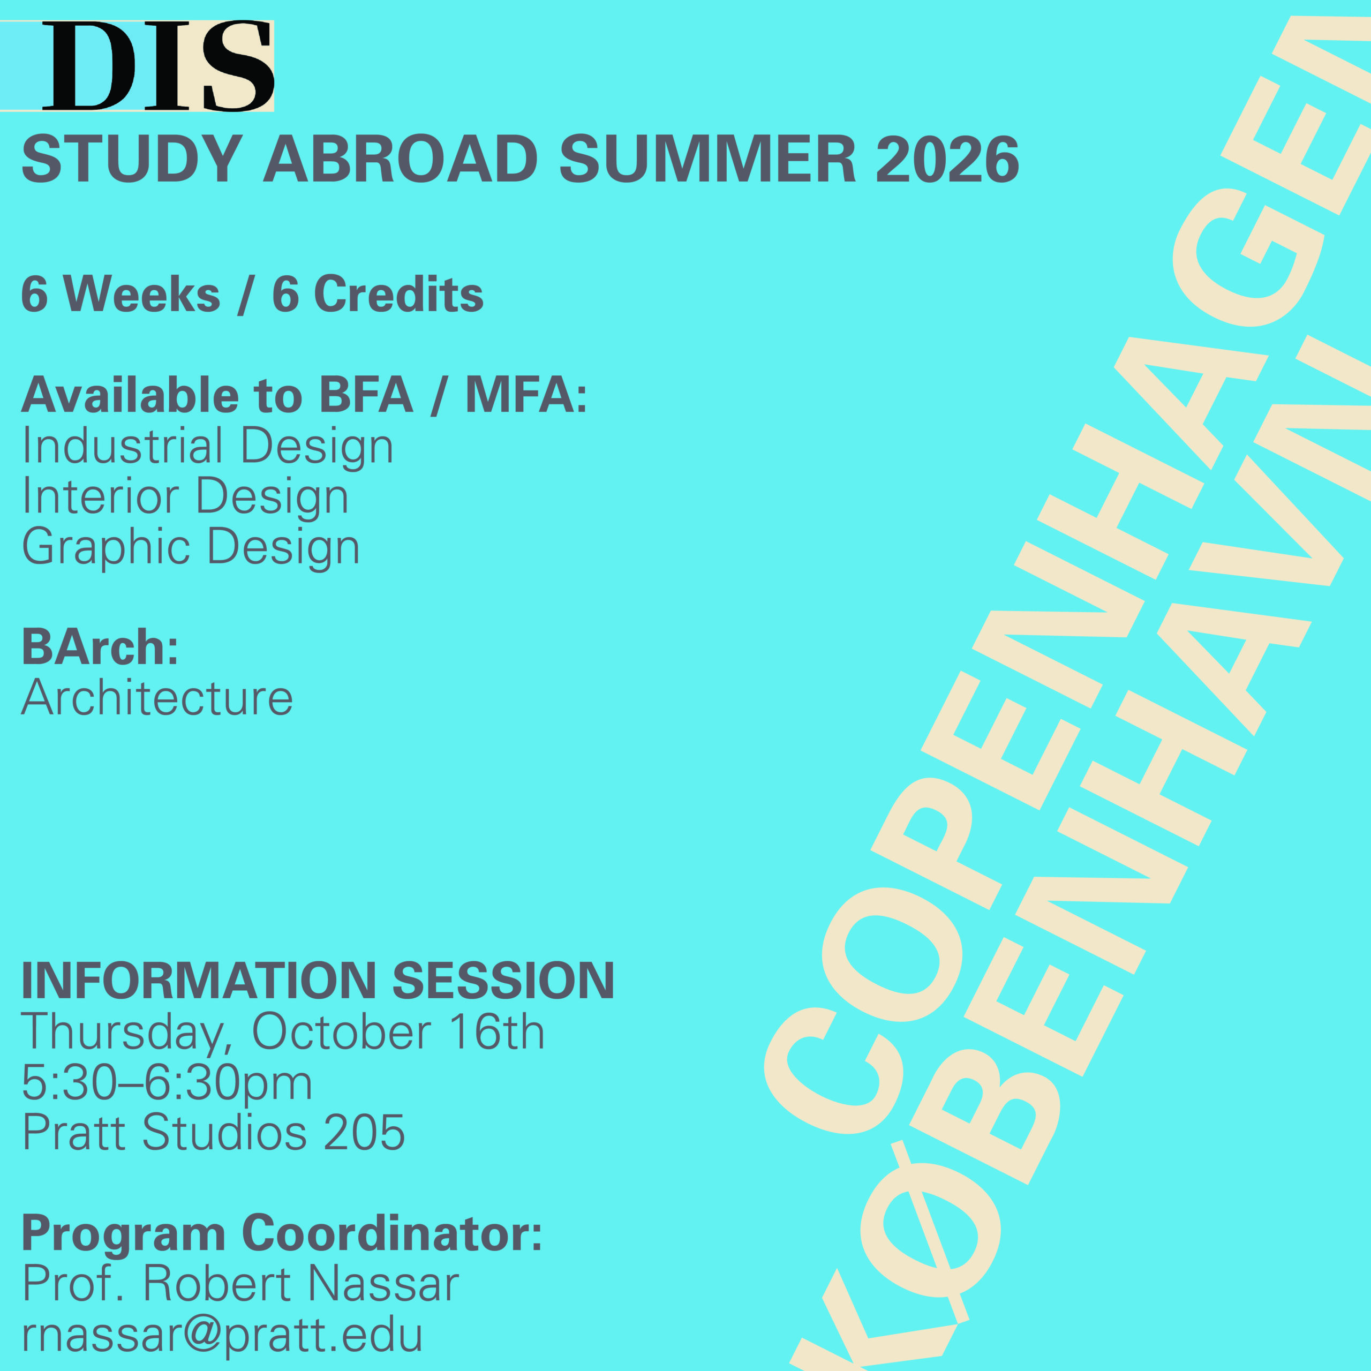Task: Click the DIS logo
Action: pyautogui.click(x=157, y=66)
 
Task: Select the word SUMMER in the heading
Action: pyautogui.click(x=707, y=159)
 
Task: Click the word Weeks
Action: pyautogui.click(x=142, y=294)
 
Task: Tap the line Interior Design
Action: pyautogui.click(x=185, y=497)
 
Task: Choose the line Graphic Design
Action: pyautogui.click(x=190, y=547)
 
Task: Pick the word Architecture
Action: pyautogui.click(x=157, y=698)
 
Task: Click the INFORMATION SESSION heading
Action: pyautogui.click(x=317, y=982)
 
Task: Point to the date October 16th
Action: pyautogui.click(x=398, y=1032)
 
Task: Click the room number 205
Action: pyautogui.click(x=364, y=1133)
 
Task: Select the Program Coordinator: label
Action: pyautogui.click(x=282, y=1234)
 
